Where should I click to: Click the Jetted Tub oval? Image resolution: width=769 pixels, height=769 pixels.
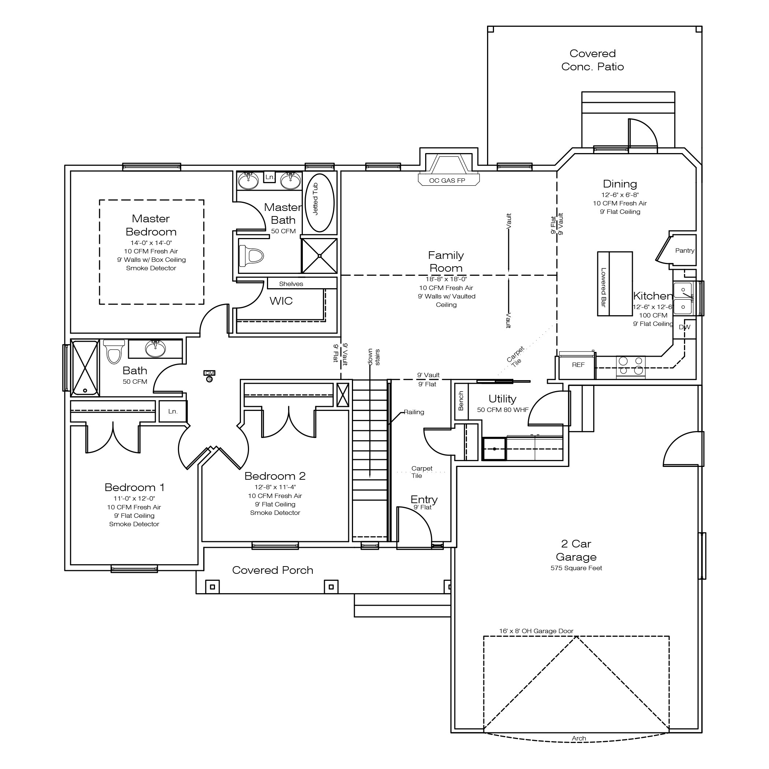319,203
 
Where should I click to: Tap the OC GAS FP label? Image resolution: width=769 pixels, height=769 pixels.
447,181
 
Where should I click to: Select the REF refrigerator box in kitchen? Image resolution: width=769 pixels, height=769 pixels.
578,365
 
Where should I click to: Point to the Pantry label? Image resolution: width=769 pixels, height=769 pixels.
685,251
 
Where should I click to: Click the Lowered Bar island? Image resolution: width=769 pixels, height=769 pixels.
614,284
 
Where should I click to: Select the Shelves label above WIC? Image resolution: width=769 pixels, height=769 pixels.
291,284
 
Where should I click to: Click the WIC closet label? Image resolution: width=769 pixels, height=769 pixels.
281,301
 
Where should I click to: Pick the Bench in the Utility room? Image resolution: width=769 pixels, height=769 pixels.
461,401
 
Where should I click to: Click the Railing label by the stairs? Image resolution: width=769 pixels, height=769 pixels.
414,412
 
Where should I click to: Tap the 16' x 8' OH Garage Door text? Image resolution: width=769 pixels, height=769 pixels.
536,631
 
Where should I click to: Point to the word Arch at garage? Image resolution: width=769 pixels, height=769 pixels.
579,738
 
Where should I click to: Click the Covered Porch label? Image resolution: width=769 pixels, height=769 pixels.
273,571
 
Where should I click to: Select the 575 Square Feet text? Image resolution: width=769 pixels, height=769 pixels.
576,568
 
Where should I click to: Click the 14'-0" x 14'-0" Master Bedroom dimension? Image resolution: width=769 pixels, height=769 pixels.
151,243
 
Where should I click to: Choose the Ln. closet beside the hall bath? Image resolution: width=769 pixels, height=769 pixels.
173,412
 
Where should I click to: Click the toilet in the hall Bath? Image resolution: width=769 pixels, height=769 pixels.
114,352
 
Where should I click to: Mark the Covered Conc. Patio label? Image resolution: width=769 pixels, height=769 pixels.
592,60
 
